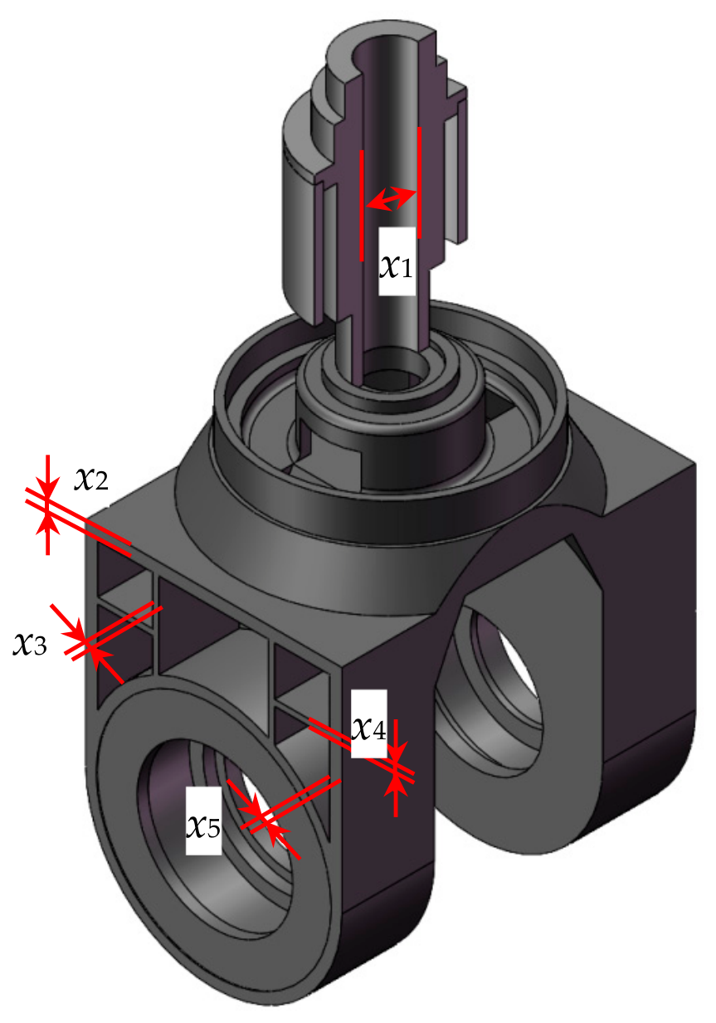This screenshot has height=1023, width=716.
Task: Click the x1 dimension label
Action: [396, 266]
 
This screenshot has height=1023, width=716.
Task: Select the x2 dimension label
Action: [91, 480]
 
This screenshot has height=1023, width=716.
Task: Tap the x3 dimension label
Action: [30, 645]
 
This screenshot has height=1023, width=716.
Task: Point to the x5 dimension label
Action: [203, 826]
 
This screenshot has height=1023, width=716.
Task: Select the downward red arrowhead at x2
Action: [48, 488]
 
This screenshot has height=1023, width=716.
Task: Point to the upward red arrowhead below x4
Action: [396, 787]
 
